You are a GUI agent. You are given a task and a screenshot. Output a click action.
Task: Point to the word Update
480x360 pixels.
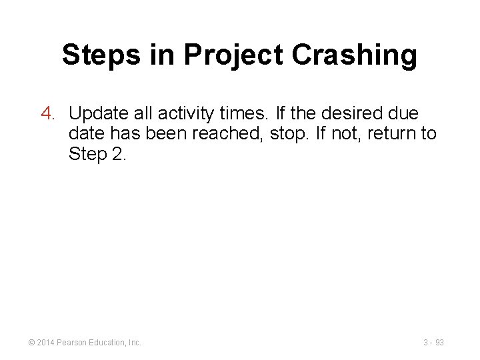click(99, 113)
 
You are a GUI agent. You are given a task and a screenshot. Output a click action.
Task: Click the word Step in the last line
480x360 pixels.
click(87, 155)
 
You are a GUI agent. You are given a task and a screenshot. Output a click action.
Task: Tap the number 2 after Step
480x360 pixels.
click(117, 155)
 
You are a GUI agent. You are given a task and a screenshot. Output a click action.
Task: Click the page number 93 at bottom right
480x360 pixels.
click(439, 342)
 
